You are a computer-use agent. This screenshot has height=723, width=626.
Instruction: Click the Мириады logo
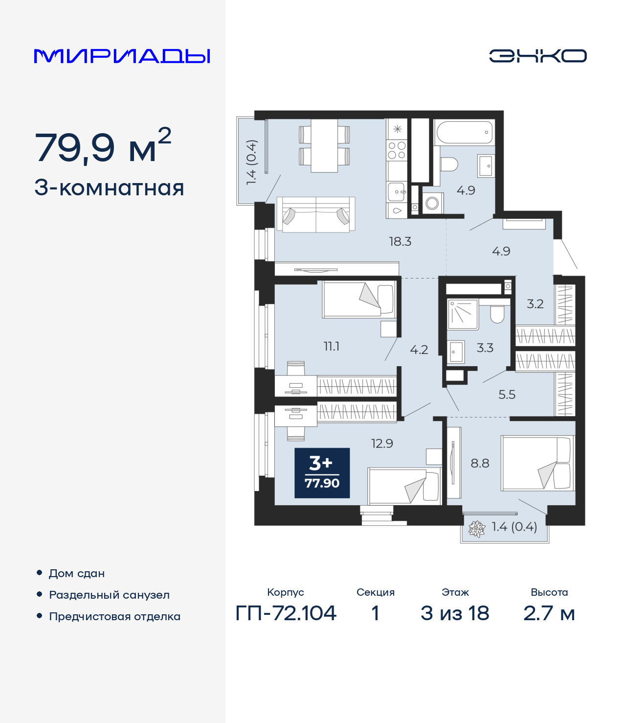click(x=122, y=56)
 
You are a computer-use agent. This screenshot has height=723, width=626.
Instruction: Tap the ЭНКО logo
click(x=537, y=56)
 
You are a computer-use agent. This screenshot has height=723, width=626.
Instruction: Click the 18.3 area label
click(x=400, y=241)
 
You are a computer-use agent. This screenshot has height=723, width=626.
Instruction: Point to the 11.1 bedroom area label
click(x=332, y=347)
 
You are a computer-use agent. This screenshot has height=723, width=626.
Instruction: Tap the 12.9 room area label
click(x=382, y=443)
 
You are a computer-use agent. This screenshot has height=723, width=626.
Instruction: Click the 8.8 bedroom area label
click(x=480, y=463)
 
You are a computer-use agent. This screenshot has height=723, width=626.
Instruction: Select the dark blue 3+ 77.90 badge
click(x=322, y=473)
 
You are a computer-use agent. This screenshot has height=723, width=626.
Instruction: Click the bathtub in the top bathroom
click(x=464, y=132)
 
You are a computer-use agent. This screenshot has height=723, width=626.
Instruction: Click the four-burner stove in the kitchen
click(x=397, y=150)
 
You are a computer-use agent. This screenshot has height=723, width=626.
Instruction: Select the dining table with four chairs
click(x=324, y=145)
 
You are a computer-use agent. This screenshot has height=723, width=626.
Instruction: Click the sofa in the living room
click(x=315, y=214)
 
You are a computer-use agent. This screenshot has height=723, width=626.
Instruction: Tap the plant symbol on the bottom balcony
click(x=476, y=529)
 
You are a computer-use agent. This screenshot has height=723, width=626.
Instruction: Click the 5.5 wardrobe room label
click(x=507, y=395)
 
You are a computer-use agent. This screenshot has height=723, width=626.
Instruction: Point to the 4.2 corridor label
click(x=419, y=350)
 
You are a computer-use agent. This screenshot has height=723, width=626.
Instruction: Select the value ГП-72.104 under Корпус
click(x=286, y=613)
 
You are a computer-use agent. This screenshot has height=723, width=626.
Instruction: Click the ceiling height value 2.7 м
click(x=549, y=613)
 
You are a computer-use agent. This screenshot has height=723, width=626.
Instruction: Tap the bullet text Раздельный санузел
click(x=109, y=595)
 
